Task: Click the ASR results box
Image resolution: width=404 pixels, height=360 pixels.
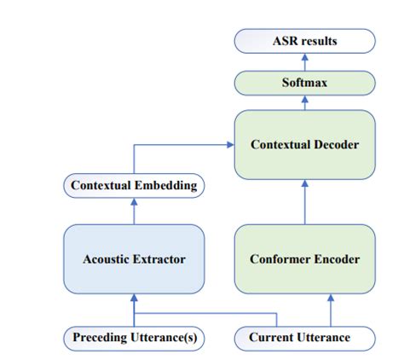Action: (304, 41)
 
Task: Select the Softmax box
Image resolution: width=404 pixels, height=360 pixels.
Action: (304, 83)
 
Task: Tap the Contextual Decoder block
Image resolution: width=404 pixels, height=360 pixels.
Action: (304, 145)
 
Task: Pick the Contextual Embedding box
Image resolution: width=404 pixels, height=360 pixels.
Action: (134, 186)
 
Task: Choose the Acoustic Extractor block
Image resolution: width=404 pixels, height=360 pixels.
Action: (134, 259)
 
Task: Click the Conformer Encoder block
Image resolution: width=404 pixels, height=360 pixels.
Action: (304, 259)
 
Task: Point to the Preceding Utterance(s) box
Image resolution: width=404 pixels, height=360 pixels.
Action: (134, 339)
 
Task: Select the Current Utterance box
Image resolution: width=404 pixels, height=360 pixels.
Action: (304, 339)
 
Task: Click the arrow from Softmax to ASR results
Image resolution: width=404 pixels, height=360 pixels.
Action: (305, 62)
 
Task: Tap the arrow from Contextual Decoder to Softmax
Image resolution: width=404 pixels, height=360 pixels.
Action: (305, 102)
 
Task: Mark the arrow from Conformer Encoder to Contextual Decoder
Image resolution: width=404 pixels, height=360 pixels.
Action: (305, 202)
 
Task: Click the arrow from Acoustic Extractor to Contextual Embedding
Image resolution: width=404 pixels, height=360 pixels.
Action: (134, 212)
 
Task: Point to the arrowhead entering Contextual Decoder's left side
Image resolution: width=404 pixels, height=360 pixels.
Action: (230, 145)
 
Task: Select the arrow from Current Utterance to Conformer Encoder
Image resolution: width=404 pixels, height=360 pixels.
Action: (331, 311)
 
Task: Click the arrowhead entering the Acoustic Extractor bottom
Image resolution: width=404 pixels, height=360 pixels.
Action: (134, 298)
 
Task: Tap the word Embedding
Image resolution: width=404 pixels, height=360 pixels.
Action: (165, 186)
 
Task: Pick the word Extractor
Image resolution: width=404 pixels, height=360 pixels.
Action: (159, 259)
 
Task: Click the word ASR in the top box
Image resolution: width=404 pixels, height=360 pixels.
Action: (285, 41)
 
